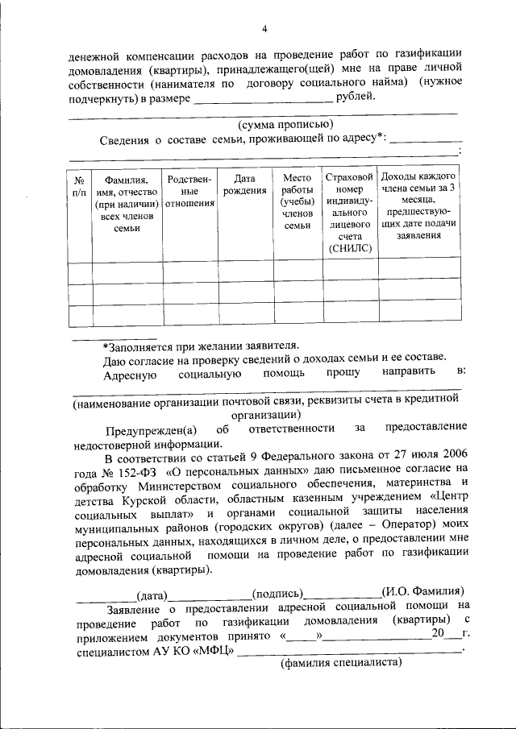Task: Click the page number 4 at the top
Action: click(x=264, y=30)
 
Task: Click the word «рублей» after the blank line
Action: click(x=354, y=97)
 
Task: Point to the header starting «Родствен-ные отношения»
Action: click(x=189, y=191)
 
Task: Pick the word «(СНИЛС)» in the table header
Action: click(x=351, y=249)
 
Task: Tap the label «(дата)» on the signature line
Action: click(x=151, y=596)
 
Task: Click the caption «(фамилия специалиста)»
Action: click(x=341, y=664)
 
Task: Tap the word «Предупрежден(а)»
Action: click(x=144, y=426)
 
